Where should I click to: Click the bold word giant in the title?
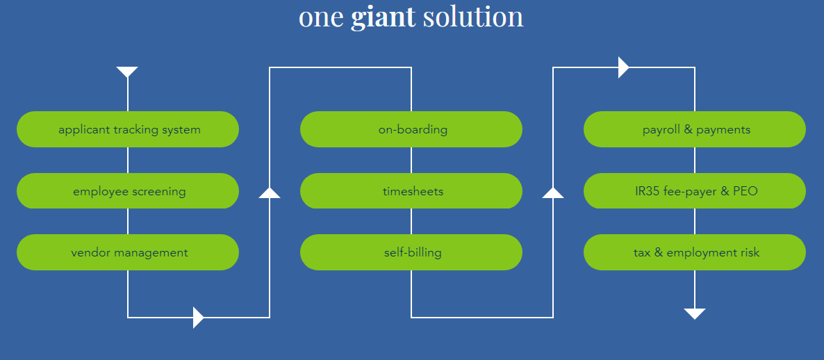coord(383,17)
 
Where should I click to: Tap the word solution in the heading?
coord(472,17)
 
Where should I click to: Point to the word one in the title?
coord(321,17)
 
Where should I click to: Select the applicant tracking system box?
coord(128,129)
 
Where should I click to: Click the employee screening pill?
coord(128,191)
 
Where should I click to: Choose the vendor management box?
coord(128,252)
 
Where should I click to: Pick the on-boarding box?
coord(411,129)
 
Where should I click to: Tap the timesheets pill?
coord(411,191)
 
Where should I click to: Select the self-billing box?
coord(411,252)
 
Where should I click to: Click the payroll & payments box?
coord(695,129)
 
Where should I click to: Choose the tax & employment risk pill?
coord(695,252)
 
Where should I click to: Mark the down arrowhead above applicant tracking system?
coord(127,72)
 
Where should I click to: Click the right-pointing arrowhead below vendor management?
coord(198,318)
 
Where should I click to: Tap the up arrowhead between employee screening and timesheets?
coord(270,193)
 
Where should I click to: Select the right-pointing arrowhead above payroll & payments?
coord(623,67)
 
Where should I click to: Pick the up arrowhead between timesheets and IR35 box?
coord(553,193)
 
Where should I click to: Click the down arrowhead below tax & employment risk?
coord(695,313)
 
